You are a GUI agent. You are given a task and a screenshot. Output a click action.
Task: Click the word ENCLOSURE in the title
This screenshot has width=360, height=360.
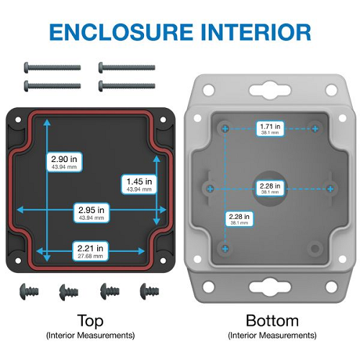121,32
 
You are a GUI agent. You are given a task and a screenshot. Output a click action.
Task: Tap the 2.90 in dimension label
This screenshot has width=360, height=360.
64,162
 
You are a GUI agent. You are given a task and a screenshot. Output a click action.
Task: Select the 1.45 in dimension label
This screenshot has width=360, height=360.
139,184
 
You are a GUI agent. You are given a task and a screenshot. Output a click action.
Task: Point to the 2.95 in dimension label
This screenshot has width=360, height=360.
91,213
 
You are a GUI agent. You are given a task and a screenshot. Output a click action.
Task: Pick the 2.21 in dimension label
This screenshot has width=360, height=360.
90,251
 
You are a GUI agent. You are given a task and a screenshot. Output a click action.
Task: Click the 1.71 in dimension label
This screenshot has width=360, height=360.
270,129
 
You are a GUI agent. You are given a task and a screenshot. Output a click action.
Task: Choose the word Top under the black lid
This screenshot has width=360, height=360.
91,321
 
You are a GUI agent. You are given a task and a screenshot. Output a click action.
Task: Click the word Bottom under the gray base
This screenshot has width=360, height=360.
272,320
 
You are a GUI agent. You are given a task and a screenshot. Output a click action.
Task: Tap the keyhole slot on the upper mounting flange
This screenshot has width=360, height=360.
270,91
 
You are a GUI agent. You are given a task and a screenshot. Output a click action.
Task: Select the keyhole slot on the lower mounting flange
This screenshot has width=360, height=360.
270,287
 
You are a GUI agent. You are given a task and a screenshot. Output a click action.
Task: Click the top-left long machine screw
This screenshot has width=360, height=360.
53,68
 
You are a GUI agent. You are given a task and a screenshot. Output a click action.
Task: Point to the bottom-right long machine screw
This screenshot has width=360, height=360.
127,86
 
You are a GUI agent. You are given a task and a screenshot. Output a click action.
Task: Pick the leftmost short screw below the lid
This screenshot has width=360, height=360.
29,292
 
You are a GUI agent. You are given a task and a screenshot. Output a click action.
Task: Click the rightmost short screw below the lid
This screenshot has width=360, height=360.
149,292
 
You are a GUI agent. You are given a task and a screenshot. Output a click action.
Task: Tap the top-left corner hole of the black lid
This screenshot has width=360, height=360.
18,120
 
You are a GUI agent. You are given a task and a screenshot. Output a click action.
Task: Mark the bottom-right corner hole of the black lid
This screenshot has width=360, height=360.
163,261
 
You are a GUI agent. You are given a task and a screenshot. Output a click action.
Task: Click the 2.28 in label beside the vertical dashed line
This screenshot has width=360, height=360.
239,219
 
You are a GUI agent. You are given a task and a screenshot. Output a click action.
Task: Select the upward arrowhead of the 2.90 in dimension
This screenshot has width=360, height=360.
47,122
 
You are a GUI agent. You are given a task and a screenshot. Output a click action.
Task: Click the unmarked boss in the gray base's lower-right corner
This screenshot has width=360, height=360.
315,248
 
